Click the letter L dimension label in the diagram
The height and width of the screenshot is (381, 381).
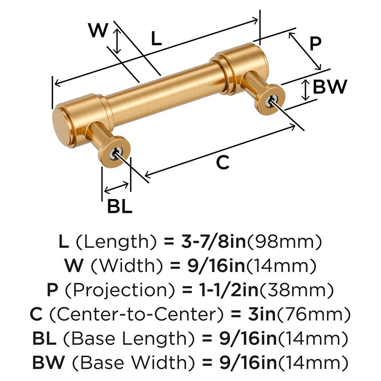point(157,39)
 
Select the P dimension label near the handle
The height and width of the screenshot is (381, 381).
point(315,43)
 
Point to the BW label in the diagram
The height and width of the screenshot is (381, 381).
point(330,87)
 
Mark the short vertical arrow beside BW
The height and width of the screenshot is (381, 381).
point(305,90)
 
